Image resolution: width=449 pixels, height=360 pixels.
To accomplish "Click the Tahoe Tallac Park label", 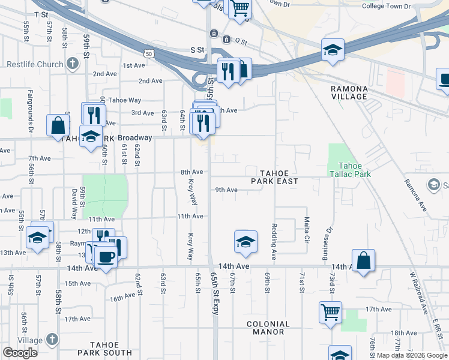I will click(x=355, y=170).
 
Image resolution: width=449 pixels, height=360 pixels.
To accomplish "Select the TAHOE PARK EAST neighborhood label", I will click(x=274, y=176).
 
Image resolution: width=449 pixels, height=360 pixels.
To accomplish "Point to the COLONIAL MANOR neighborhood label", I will click(x=268, y=328).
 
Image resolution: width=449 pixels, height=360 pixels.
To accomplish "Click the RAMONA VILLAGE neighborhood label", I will click(x=349, y=92).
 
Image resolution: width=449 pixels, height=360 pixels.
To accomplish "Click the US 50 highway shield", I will click(x=156, y=54).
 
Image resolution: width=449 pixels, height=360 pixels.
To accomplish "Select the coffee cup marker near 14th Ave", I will click(x=106, y=256).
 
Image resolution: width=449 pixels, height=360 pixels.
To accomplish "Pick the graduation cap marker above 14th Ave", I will click(x=246, y=241).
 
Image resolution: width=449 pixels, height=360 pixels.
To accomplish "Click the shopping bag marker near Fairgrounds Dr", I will click(x=58, y=125).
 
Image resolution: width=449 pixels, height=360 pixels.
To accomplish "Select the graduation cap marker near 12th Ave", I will click(x=38, y=238).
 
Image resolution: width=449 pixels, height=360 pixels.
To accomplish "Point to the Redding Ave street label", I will click(x=274, y=242).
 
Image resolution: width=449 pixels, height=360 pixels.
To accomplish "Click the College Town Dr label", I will click(x=386, y=6).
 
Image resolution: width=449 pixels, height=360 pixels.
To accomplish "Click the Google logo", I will click(x=20, y=353).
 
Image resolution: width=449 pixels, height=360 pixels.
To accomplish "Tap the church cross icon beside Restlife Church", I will click(x=73, y=63).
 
